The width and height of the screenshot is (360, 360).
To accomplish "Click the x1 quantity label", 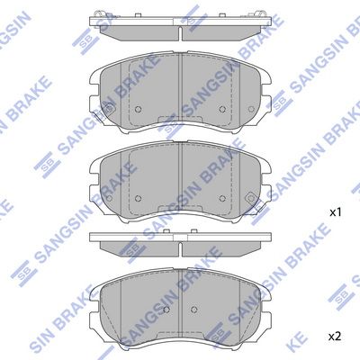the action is pyautogui.click(x=336, y=213).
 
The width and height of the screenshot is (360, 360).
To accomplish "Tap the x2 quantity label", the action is pyautogui.click(x=336, y=337).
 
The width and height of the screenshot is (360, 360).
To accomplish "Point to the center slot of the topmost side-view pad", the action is pyautogui.click(x=180, y=33).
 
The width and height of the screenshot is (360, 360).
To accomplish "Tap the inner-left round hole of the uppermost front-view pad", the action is pyautogui.click(x=138, y=109).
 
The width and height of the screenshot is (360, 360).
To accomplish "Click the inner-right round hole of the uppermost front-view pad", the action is pyautogui.click(x=222, y=109).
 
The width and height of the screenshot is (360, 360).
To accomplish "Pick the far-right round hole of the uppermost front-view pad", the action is pyautogui.click(x=251, y=109).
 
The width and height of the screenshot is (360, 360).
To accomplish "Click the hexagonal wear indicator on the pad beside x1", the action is pyautogui.click(x=250, y=198).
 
